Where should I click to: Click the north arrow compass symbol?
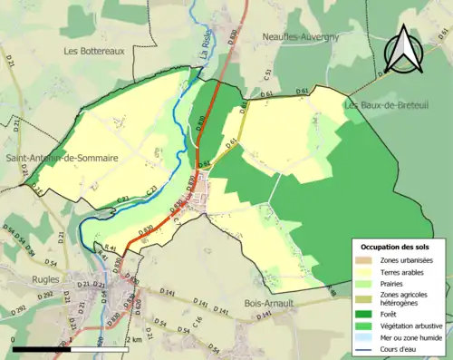click(402, 50)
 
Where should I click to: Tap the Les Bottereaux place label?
click(93, 52)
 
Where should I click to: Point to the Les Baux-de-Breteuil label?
click(379, 105)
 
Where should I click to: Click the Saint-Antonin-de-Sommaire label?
click(63, 158)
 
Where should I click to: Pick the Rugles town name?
click(45, 255)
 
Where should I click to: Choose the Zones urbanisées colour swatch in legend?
click(365, 260)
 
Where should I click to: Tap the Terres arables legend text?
click(404, 271)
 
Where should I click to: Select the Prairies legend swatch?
click(365, 282)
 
